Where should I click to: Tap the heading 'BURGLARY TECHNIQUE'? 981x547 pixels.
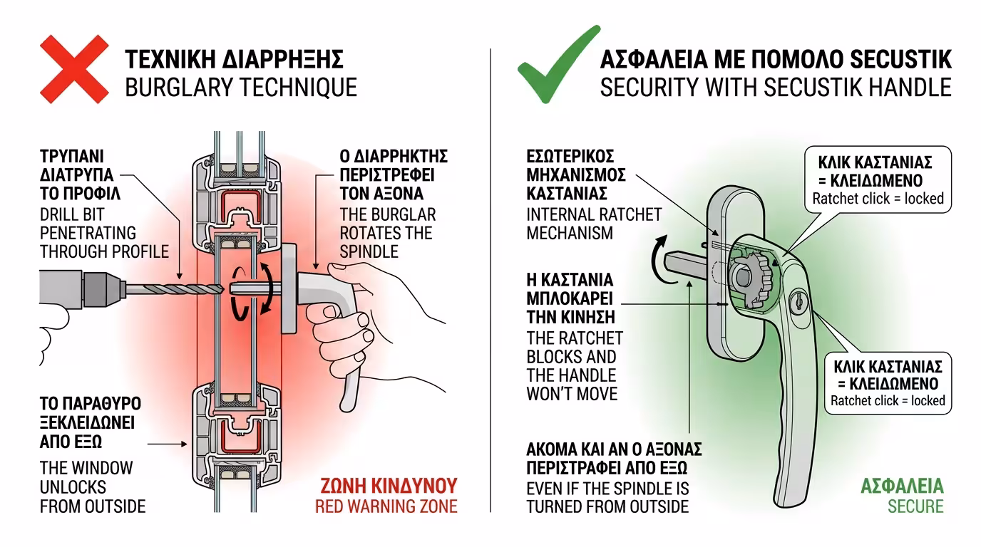pyautogui.click(x=241, y=87)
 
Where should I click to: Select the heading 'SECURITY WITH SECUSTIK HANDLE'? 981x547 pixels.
pyautogui.click(x=776, y=87)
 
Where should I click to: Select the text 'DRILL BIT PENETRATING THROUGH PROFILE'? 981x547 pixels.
pyautogui.click(x=104, y=232)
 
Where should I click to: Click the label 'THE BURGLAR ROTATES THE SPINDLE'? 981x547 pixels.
pyautogui.click(x=387, y=233)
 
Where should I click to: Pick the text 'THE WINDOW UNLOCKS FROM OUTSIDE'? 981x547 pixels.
pyautogui.click(x=93, y=487)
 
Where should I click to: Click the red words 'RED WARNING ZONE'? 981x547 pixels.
pyautogui.click(x=386, y=506)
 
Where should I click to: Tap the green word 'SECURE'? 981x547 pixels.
pyautogui.click(x=915, y=506)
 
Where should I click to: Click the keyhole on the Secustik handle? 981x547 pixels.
pyautogui.click(x=797, y=303)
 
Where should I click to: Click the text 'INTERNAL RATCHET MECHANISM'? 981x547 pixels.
pyautogui.click(x=594, y=224)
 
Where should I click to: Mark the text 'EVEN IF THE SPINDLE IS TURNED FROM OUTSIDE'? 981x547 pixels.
pyautogui.click(x=607, y=498)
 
